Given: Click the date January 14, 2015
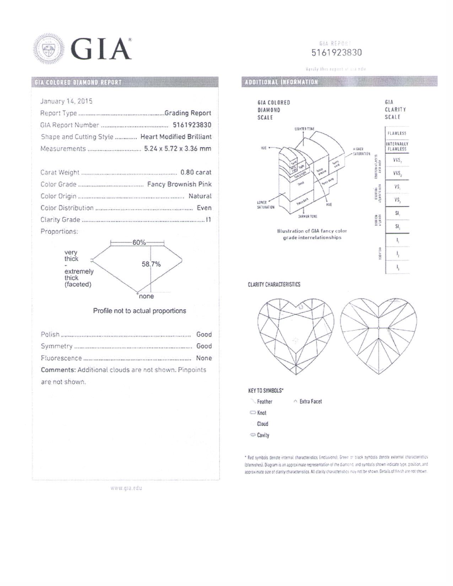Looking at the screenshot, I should coord(66,101).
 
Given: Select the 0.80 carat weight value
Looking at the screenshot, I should coord(195,172).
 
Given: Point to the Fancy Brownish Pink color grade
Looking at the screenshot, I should coord(179,184).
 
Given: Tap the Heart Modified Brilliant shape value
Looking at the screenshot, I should coord(176,137).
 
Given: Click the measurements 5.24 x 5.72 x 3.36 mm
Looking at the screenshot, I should coord(177,148).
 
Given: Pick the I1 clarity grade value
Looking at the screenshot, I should coord(208,220).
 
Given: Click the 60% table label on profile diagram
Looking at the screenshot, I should coord(139,242).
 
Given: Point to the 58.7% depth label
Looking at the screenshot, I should coord(151,264).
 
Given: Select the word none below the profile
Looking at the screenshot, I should coord(146,296).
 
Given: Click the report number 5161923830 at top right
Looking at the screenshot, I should coord(336,53).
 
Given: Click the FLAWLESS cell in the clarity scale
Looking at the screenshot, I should coord(397,133).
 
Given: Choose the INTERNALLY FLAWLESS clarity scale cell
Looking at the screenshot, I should coord(397,146).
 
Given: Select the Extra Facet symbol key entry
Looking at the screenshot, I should coord(310,402).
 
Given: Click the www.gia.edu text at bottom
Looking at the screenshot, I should coord(126,488).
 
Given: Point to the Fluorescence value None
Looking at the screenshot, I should coord(204,358).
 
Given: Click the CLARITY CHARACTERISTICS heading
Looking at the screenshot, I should coord(274,284).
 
